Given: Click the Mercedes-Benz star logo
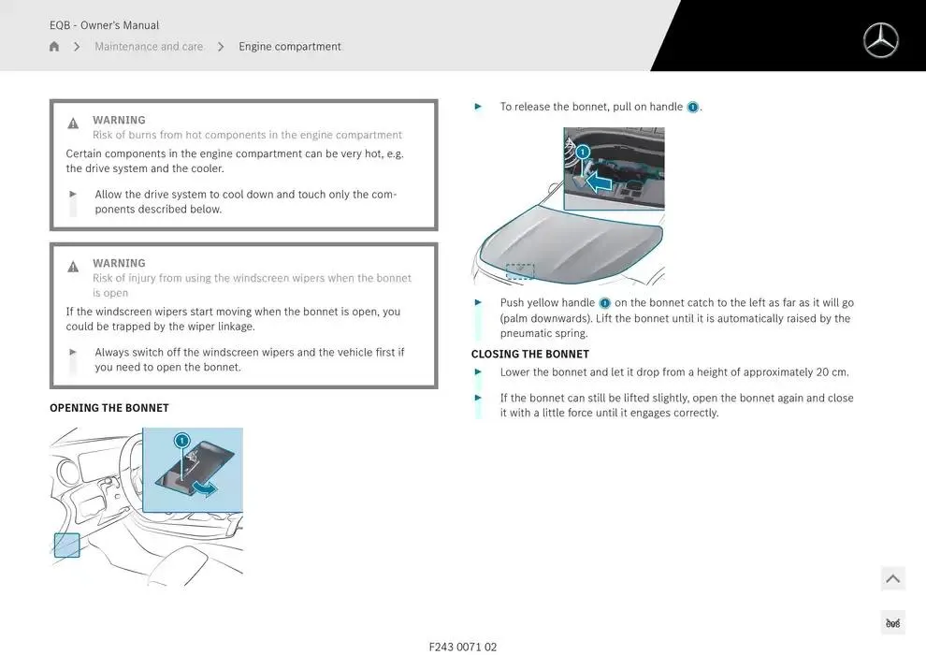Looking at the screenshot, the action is point(880,40).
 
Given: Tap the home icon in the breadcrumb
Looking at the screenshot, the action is point(54,46).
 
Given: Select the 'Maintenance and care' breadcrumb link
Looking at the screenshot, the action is point(149,46).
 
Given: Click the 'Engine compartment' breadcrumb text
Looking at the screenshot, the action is point(289,46).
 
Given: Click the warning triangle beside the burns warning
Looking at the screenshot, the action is point(73,123).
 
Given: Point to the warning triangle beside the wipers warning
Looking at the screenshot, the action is point(73,267).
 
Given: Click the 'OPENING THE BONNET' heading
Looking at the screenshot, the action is point(109,408).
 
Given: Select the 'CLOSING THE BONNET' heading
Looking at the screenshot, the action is point(530,354).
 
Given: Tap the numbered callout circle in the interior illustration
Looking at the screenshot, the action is point(181,440).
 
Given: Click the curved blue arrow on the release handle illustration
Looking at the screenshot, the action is point(206,488).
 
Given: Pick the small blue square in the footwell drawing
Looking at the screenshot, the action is point(66,546).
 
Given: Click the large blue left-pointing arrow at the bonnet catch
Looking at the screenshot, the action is point(599,182).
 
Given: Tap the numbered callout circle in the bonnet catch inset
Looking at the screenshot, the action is point(583,152).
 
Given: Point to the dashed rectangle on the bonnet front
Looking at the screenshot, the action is point(520,271).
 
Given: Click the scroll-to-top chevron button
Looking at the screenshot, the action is point(893,578).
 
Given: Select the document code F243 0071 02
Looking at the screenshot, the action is point(463,647).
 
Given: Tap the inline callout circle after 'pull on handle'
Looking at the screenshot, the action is point(693,107).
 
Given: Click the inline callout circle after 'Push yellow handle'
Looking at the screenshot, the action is point(605,303).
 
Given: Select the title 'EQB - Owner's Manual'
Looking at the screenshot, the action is point(104,25).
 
